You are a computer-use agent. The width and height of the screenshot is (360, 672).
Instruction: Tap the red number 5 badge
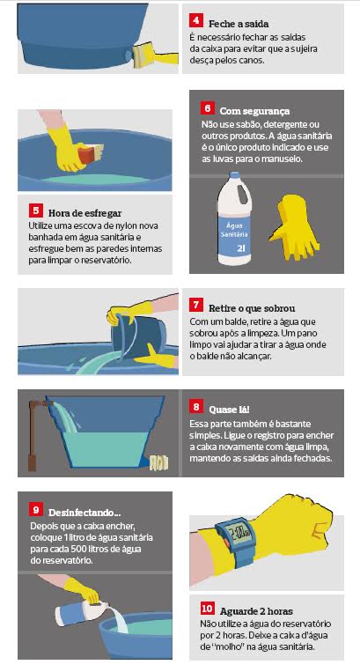pyautogui.click(x=35, y=210)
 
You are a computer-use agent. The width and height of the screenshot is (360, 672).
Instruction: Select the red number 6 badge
pyautogui.click(x=207, y=109)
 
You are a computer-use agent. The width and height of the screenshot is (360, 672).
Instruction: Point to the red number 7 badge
pyautogui.click(x=195, y=306)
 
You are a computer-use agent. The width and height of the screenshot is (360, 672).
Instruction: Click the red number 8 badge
pyautogui.click(x=195, y=407)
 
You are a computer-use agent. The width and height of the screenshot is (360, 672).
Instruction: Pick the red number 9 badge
pyautogui.click(x=36, y=510)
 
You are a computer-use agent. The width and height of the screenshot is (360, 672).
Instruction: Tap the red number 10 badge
pyautogui.click(x=207, y=609)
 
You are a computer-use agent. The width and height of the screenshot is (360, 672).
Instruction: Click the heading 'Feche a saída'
pyautogui.click(x=239, y=24)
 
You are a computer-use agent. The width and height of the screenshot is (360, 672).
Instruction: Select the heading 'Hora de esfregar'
pyautogui.click(x=84, y=213)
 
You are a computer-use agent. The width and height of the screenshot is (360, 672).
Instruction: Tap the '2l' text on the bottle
pyautogui.click(x=240, y=248)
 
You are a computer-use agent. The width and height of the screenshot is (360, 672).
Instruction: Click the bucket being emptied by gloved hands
pyautogui.click(x=139, y=336)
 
